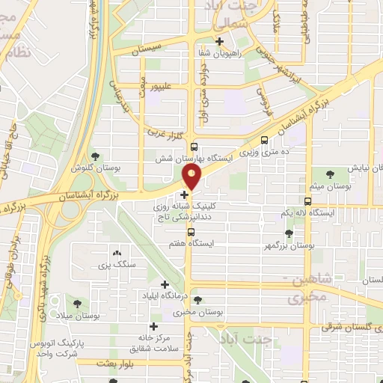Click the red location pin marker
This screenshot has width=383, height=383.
[x=192, y=177]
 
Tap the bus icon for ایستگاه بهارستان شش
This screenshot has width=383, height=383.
[x=194, y=147]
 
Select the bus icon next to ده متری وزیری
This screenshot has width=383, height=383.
[x=264, y=140]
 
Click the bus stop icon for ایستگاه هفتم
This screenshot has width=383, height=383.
[x=190, y=231]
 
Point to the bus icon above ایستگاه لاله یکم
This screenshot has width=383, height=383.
[x=307, y=200]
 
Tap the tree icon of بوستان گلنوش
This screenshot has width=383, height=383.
[x=95, y=156]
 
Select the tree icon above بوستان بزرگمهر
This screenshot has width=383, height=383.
[x=289, y=233]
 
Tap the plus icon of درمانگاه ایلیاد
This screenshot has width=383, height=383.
[x=165, y=284]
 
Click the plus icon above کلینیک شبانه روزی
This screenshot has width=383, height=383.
[x=185, y=194]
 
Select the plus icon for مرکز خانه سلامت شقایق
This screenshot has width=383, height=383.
[x=154, y=326]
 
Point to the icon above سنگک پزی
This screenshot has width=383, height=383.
[x=115, y=253]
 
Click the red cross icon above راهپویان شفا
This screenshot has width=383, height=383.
[x=220, y=43]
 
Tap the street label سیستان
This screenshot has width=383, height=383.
[x=147, y=49]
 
